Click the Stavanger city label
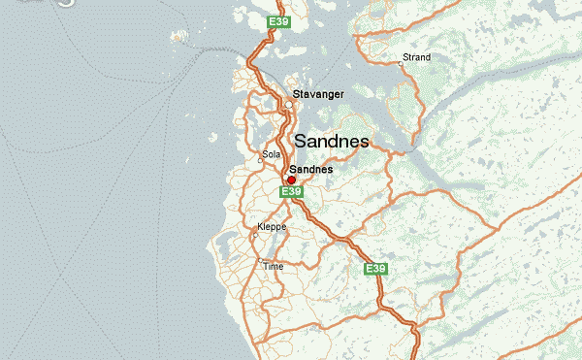tap(318, 94)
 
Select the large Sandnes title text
tap(331, 141)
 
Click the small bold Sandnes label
tap(311, 169)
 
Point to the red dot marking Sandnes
tap(291, 180)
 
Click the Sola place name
tap(271, 154)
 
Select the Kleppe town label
tap(270, 231)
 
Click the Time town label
tap(273, 265)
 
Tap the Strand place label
tap(416, 57)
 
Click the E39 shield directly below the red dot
tap(290, 192)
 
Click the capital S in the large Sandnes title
tap(300, 141)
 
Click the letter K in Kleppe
tap(259, 231)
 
